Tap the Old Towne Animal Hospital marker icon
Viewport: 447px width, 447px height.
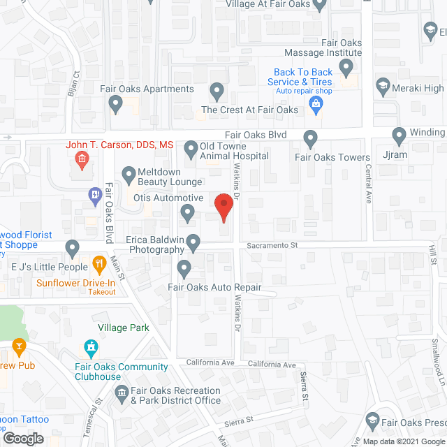191,148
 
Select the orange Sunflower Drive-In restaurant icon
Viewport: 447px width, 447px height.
98,265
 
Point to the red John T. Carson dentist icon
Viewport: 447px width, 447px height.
82,161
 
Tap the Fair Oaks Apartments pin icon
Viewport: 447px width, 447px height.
116,105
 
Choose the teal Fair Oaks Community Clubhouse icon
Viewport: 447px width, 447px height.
91,346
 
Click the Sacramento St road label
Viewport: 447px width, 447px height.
272,246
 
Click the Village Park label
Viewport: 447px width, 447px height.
124,327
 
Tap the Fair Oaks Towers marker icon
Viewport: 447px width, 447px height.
312,140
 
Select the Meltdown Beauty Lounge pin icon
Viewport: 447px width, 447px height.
129,174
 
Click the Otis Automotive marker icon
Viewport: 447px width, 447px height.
187,212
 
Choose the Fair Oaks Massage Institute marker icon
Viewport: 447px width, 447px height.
346,68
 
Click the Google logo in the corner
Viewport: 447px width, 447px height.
22,439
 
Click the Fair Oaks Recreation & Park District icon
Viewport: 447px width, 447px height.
122,395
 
